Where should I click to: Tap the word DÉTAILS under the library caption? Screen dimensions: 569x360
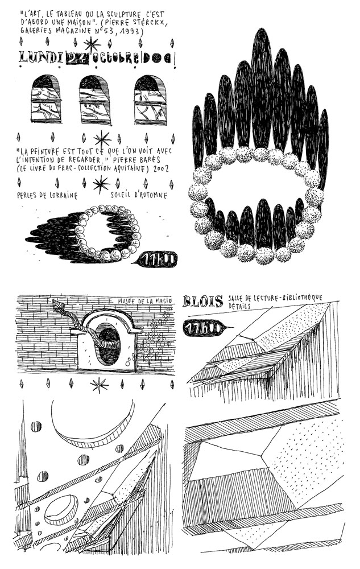click(x=239, y=306)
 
